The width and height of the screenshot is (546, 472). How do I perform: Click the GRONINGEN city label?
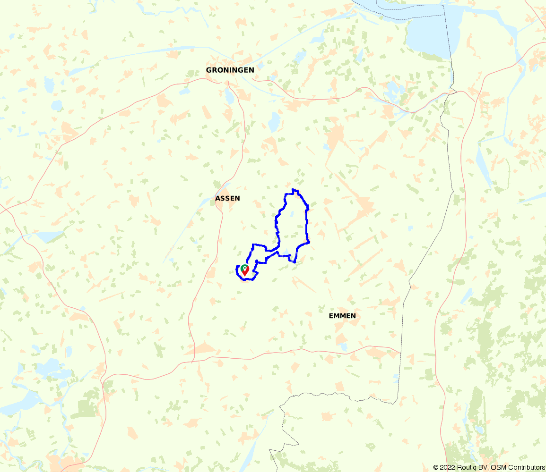(x=230, y=70)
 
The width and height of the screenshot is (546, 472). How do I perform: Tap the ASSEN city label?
(x=227, y=198)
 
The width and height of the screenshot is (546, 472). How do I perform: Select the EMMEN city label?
(x=342, y=316)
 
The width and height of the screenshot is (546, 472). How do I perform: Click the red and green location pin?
(x=245, y=270)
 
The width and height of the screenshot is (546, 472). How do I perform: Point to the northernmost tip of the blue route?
(x=294, y=190)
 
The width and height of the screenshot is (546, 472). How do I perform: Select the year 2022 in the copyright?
(x=447, y=467)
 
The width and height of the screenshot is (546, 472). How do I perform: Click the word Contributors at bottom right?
(x=526, y=467)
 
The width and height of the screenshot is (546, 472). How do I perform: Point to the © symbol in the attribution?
(x=436, y=467)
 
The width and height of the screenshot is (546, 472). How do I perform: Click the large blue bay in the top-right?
(x=428, y=33)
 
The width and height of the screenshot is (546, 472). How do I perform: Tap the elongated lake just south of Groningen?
(x=229, y=97)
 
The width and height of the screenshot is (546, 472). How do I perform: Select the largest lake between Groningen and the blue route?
(x=274, y=123)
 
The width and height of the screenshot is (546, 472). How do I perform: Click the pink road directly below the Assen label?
(x=221, y=222)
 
